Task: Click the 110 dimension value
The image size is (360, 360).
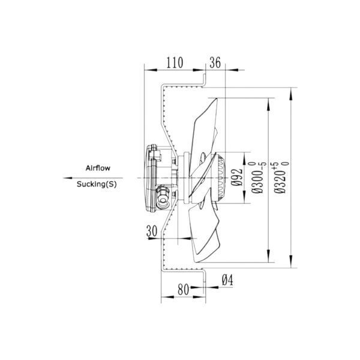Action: click(175, 62)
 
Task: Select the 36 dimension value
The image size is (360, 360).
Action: click(215, 62)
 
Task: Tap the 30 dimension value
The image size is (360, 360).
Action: click(152, 231)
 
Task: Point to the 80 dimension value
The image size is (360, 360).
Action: click(183, 290)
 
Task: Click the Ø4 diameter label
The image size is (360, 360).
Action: click(227, 280)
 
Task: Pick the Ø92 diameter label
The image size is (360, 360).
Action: click(236, 177)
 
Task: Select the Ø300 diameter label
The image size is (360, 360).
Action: click(257, 181)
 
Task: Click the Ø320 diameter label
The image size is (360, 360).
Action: click(280, 181)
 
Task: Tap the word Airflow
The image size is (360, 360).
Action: click(98, 168)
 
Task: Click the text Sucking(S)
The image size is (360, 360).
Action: click(97, 184)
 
